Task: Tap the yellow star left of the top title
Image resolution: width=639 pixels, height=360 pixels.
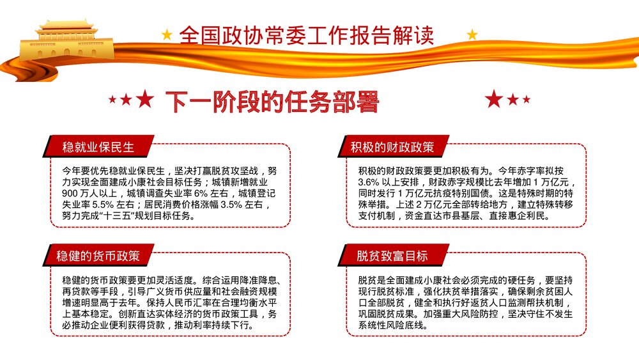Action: click(167, 35)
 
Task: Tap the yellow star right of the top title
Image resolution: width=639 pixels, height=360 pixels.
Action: click(472, 35)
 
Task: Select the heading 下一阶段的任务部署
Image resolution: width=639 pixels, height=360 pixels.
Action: click(273, 100)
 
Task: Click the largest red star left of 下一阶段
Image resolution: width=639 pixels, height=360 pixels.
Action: click(146, 99)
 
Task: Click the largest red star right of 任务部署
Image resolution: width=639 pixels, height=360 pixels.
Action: click(494, 99)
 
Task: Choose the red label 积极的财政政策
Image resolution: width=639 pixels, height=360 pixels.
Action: click(392, 148)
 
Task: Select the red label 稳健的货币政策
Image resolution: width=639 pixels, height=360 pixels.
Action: click(97, 256)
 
